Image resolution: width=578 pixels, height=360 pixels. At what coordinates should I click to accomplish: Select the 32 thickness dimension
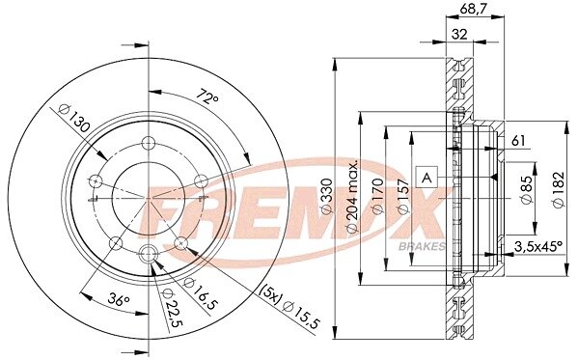point(459,35)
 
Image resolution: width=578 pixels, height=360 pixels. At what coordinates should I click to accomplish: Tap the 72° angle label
point(206,97)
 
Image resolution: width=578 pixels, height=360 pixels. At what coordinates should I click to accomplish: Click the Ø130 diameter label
point(74,118)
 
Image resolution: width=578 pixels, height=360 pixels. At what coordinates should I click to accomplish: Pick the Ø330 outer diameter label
point(326,196)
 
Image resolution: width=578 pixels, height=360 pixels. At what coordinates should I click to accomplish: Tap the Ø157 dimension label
point(403,196)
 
